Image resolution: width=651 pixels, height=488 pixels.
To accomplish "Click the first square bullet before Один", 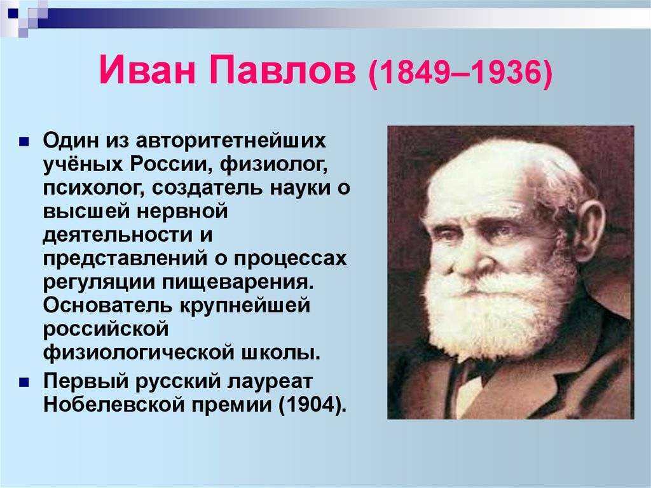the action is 24,142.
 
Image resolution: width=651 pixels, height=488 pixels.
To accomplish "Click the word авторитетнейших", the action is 230,141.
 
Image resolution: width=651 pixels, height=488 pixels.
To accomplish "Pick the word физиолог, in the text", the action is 274,165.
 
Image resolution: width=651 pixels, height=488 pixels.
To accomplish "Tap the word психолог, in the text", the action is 93,188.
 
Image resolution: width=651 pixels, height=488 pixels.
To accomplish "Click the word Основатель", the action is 107,305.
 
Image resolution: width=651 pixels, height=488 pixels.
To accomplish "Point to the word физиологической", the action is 138,353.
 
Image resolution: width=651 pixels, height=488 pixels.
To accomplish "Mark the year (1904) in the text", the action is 312,405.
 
